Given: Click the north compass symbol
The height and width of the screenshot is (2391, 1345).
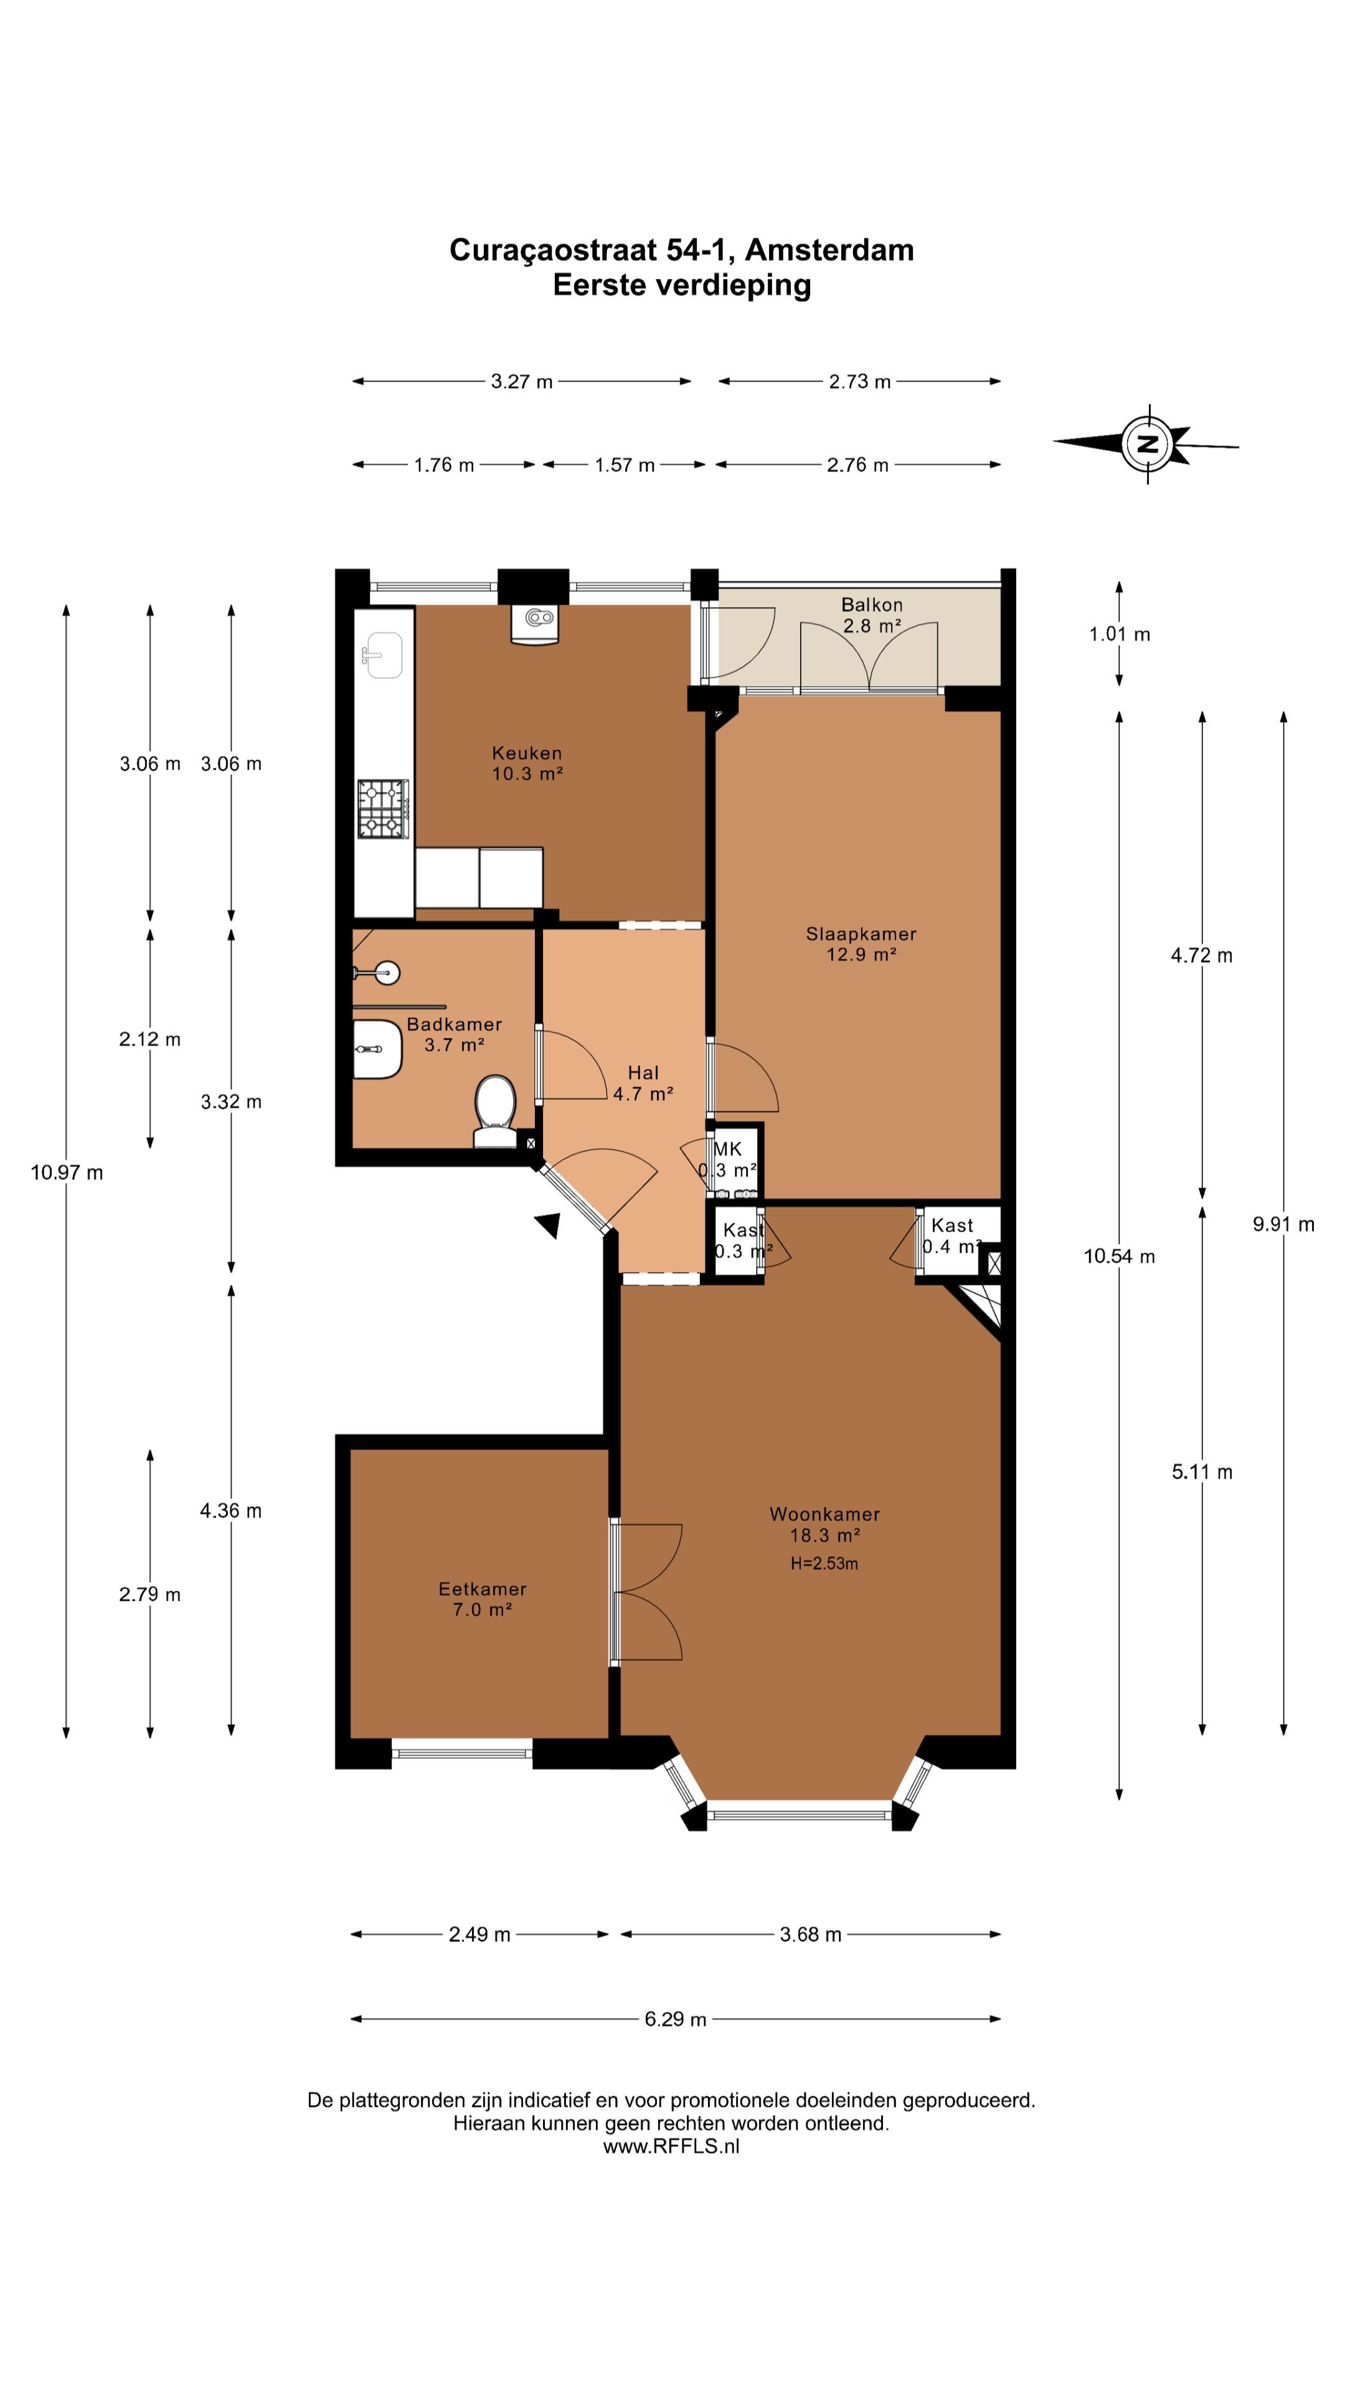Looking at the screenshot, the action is pos(1147,444).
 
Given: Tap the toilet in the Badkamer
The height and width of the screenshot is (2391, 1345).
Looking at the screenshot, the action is pos(495,1111).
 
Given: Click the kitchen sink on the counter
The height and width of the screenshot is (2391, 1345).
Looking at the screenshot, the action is pos(382,654).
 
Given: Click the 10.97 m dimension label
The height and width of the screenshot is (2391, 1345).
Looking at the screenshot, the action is pos(67,1172).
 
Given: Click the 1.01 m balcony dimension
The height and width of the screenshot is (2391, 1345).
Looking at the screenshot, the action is pos(1120,634).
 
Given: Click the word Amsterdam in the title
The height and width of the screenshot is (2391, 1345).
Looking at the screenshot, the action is pos(829,250).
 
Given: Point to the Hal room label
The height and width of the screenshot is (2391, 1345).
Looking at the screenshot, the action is pos(643,1073).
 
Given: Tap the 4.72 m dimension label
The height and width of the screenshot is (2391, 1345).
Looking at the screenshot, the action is pos(1202,955).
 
